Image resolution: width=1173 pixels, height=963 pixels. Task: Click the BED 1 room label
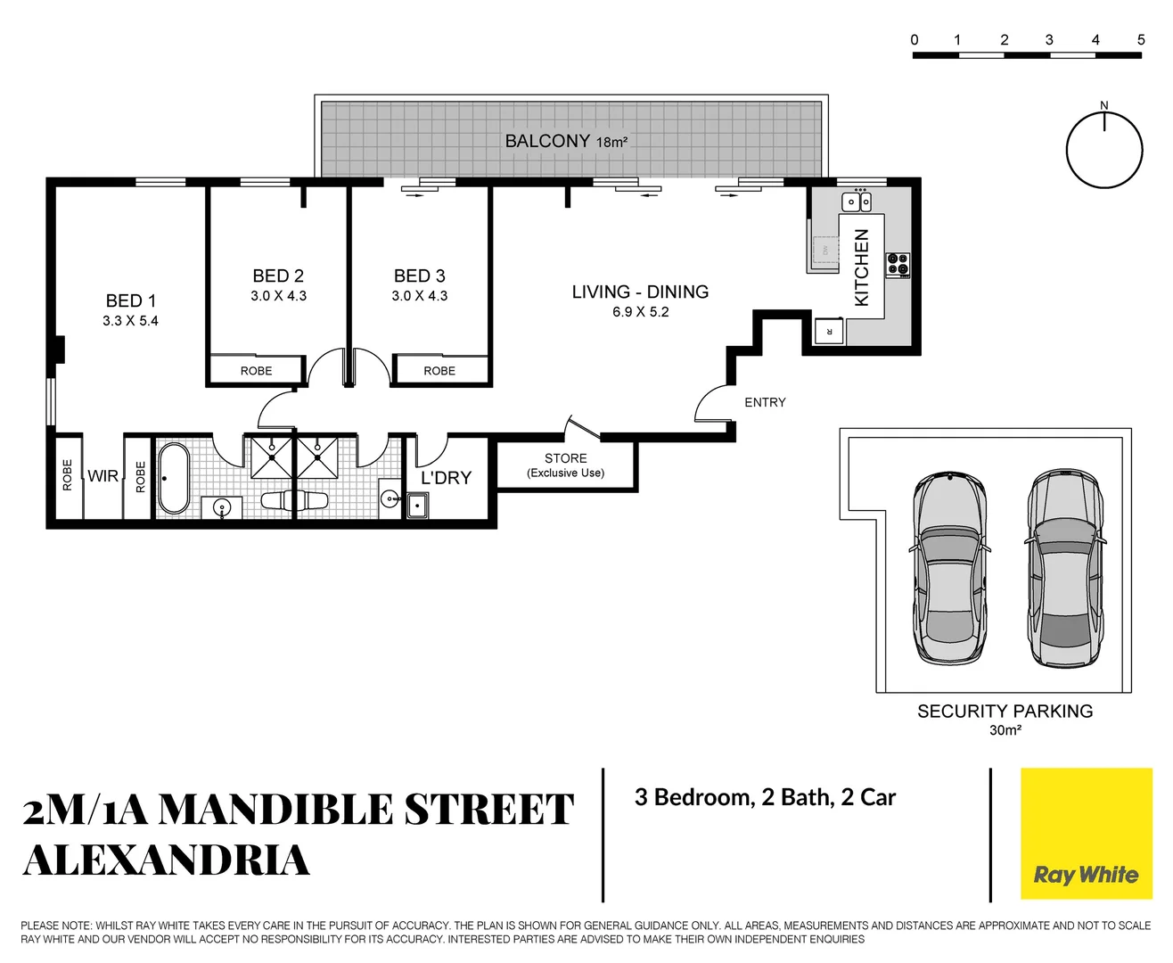click(131, 301)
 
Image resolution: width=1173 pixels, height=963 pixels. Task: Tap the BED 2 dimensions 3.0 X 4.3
click(278, 296)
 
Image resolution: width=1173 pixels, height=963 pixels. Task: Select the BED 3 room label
click(420, 276)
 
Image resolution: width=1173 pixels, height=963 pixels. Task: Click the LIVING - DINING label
click(640, 292)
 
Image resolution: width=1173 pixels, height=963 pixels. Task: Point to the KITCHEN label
click(862, 267)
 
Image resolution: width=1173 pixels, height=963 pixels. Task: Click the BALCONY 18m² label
click(566, 141)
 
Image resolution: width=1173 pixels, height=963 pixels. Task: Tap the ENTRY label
click(765, 402)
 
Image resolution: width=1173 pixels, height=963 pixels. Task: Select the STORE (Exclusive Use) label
click(566, 465)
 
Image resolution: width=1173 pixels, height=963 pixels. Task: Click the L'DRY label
click(446, 478)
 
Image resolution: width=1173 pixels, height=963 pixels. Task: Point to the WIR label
click(103, 476)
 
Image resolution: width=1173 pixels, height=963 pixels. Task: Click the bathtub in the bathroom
click(174, 479)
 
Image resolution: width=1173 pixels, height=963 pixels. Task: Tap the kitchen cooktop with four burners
click(898, 265)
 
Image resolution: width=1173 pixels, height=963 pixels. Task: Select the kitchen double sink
click(857, 202)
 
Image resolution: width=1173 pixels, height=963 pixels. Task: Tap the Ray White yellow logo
click(1086, 834)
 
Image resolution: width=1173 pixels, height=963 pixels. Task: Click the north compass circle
click(1104, 150)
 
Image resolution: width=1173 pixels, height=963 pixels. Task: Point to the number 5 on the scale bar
click(1141, 40)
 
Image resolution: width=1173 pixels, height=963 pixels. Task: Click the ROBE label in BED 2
click(257, 371)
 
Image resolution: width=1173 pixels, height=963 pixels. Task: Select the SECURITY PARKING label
click(1005, 712)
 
